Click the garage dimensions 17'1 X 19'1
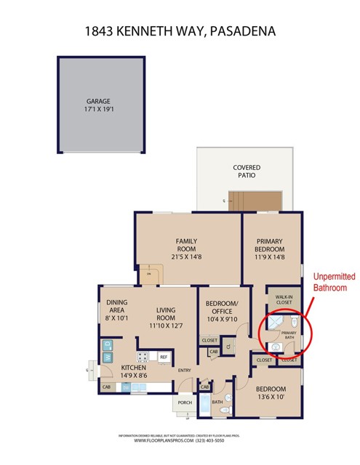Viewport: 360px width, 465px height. point(101,110)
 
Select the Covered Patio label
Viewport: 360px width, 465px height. point(246,172)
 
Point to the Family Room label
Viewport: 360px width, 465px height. point(187,246)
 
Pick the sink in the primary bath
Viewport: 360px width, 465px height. point(276,347)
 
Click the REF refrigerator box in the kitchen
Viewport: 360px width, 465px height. point(164,357)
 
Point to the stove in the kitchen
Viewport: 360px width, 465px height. point(143,357)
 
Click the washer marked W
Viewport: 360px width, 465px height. point(107,357)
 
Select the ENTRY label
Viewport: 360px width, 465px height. point(184,371)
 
